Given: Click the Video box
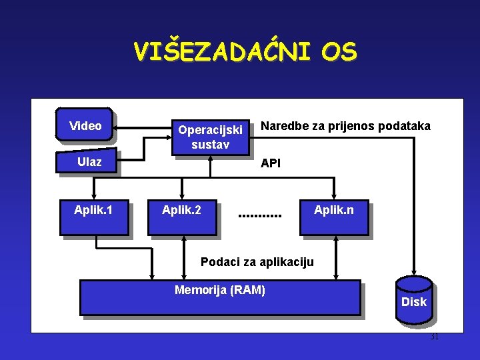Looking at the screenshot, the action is tap(85, 125).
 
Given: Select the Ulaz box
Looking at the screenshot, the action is tap(89, 161).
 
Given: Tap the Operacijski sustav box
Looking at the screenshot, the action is tap(210, 137).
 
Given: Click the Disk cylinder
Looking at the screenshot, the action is tap(413, 301).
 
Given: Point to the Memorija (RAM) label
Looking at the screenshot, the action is tap(219, 289).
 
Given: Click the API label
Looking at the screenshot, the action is tap(271, 163).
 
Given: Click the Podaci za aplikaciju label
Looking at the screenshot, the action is tap(257, 261).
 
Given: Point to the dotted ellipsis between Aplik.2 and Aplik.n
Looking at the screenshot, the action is tap(260, 216).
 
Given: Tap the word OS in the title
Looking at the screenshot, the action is tap(339, 51).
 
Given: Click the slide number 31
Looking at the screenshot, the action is tap(434, 337).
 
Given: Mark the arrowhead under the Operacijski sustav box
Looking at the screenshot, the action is tap(211, 159).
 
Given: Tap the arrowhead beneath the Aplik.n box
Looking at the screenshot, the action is tap(335, 241).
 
